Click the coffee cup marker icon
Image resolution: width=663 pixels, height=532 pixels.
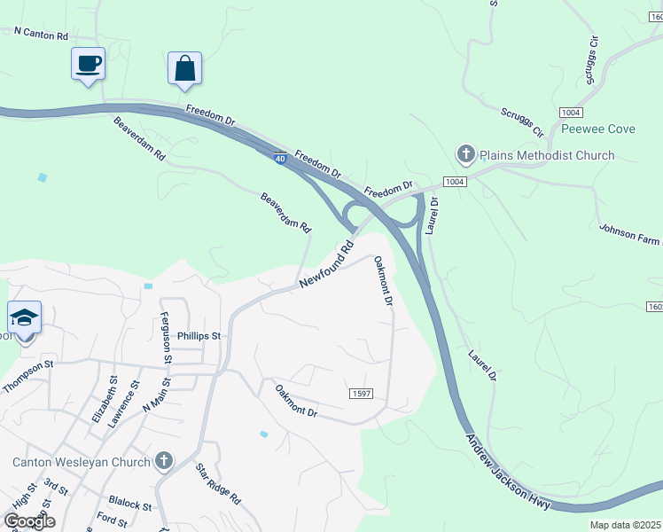coord(88,64)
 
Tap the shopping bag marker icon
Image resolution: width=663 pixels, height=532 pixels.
coord(184,68)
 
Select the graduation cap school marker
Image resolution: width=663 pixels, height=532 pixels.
coord(25,317)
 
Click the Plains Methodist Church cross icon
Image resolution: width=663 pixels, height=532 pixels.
coord(465,155)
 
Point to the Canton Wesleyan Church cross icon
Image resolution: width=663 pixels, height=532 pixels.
coord(163,461)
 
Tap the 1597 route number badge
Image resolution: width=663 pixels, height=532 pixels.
coord(361,393)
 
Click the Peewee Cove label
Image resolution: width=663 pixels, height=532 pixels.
coord(598,129)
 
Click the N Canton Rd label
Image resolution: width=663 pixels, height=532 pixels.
coord(41,32)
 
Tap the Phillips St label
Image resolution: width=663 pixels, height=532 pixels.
coord(198,337)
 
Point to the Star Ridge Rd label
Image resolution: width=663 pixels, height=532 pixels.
coord(218,484)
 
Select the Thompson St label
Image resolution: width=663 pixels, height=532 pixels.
coord(29,378)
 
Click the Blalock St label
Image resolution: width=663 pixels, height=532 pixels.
coord(129,504)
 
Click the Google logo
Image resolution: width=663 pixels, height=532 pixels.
coord(28,521)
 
